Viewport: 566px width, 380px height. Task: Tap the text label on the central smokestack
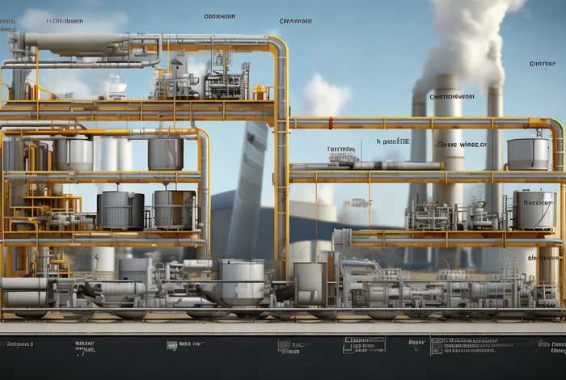click(x=452, y=97)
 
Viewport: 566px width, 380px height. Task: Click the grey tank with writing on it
click(x=534, y=210)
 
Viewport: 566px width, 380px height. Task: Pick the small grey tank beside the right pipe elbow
click(x=527, y=154)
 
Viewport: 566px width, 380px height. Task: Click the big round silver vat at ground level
click(x=241, y=281)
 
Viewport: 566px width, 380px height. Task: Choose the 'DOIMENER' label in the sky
click(x=219, y=16)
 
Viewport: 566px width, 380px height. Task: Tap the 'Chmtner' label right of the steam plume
click(x=542, y=63)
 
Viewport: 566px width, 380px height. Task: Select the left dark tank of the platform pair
click(x=120, y=210)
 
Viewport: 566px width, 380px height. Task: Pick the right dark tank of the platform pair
click(x=174, y=209)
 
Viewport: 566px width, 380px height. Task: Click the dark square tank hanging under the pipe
click(x=165, y=154)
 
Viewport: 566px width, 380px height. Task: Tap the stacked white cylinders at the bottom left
click(x=24, y=291)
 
